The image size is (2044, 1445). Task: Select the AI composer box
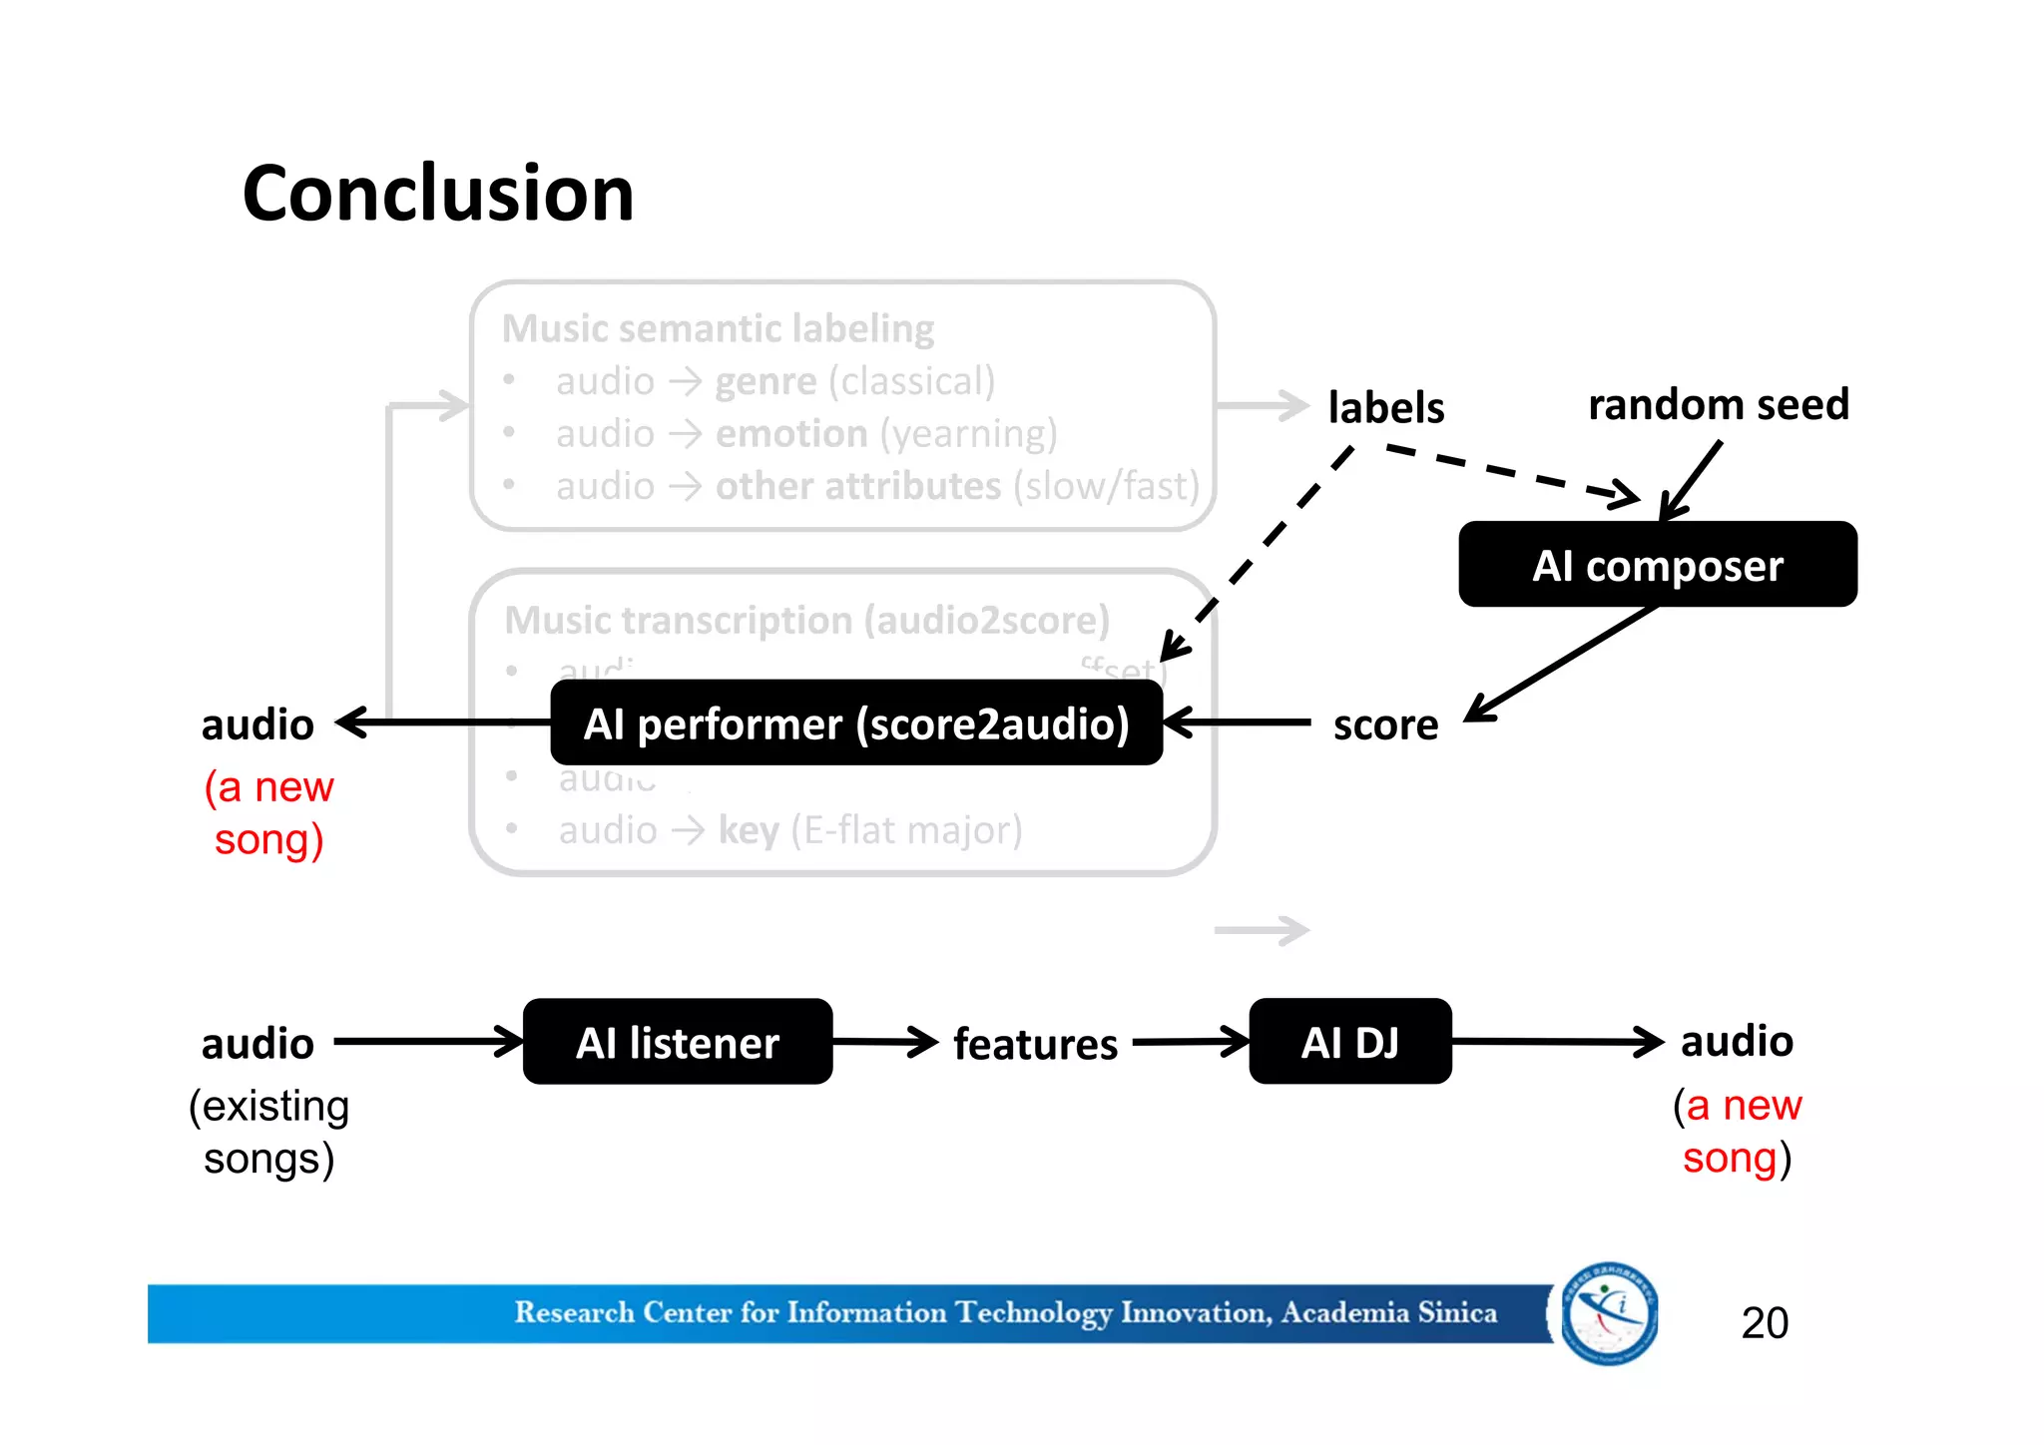coord(1657,565)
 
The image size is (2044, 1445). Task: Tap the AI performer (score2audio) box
coord(856,723)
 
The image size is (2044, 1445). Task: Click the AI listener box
coord(678,1042)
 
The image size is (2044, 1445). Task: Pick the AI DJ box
coord(1349,1042)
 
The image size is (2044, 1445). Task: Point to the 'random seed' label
coord(1718,404)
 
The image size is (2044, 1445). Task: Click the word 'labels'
coord(1385,407)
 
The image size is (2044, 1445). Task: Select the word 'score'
coord(1385,724)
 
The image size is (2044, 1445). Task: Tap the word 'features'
coord(1035,1044)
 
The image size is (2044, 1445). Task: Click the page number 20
coord(1764,1322)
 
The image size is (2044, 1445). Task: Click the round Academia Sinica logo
coord(1609,1313)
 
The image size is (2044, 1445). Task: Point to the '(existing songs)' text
coord(268,1132)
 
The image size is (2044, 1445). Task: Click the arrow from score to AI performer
coord(1238,722)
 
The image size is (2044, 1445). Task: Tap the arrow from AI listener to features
coord(884,1042)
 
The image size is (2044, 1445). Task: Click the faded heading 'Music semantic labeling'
coord(718,328)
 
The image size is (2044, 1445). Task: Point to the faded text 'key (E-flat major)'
coord(869,829)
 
